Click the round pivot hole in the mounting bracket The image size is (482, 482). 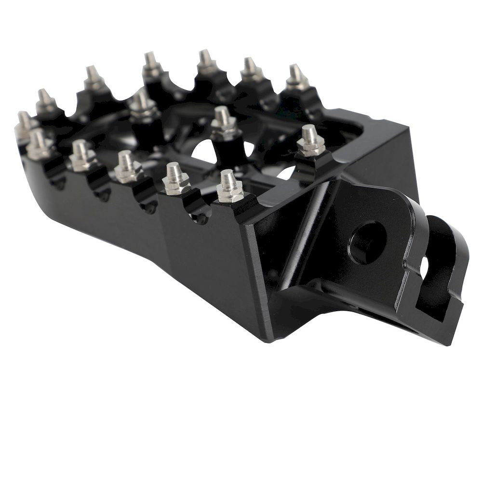coord(367,242)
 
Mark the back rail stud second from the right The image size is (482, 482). coord(251,70)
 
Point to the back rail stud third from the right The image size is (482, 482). coord(207,62)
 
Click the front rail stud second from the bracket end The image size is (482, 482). coord(175,178)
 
